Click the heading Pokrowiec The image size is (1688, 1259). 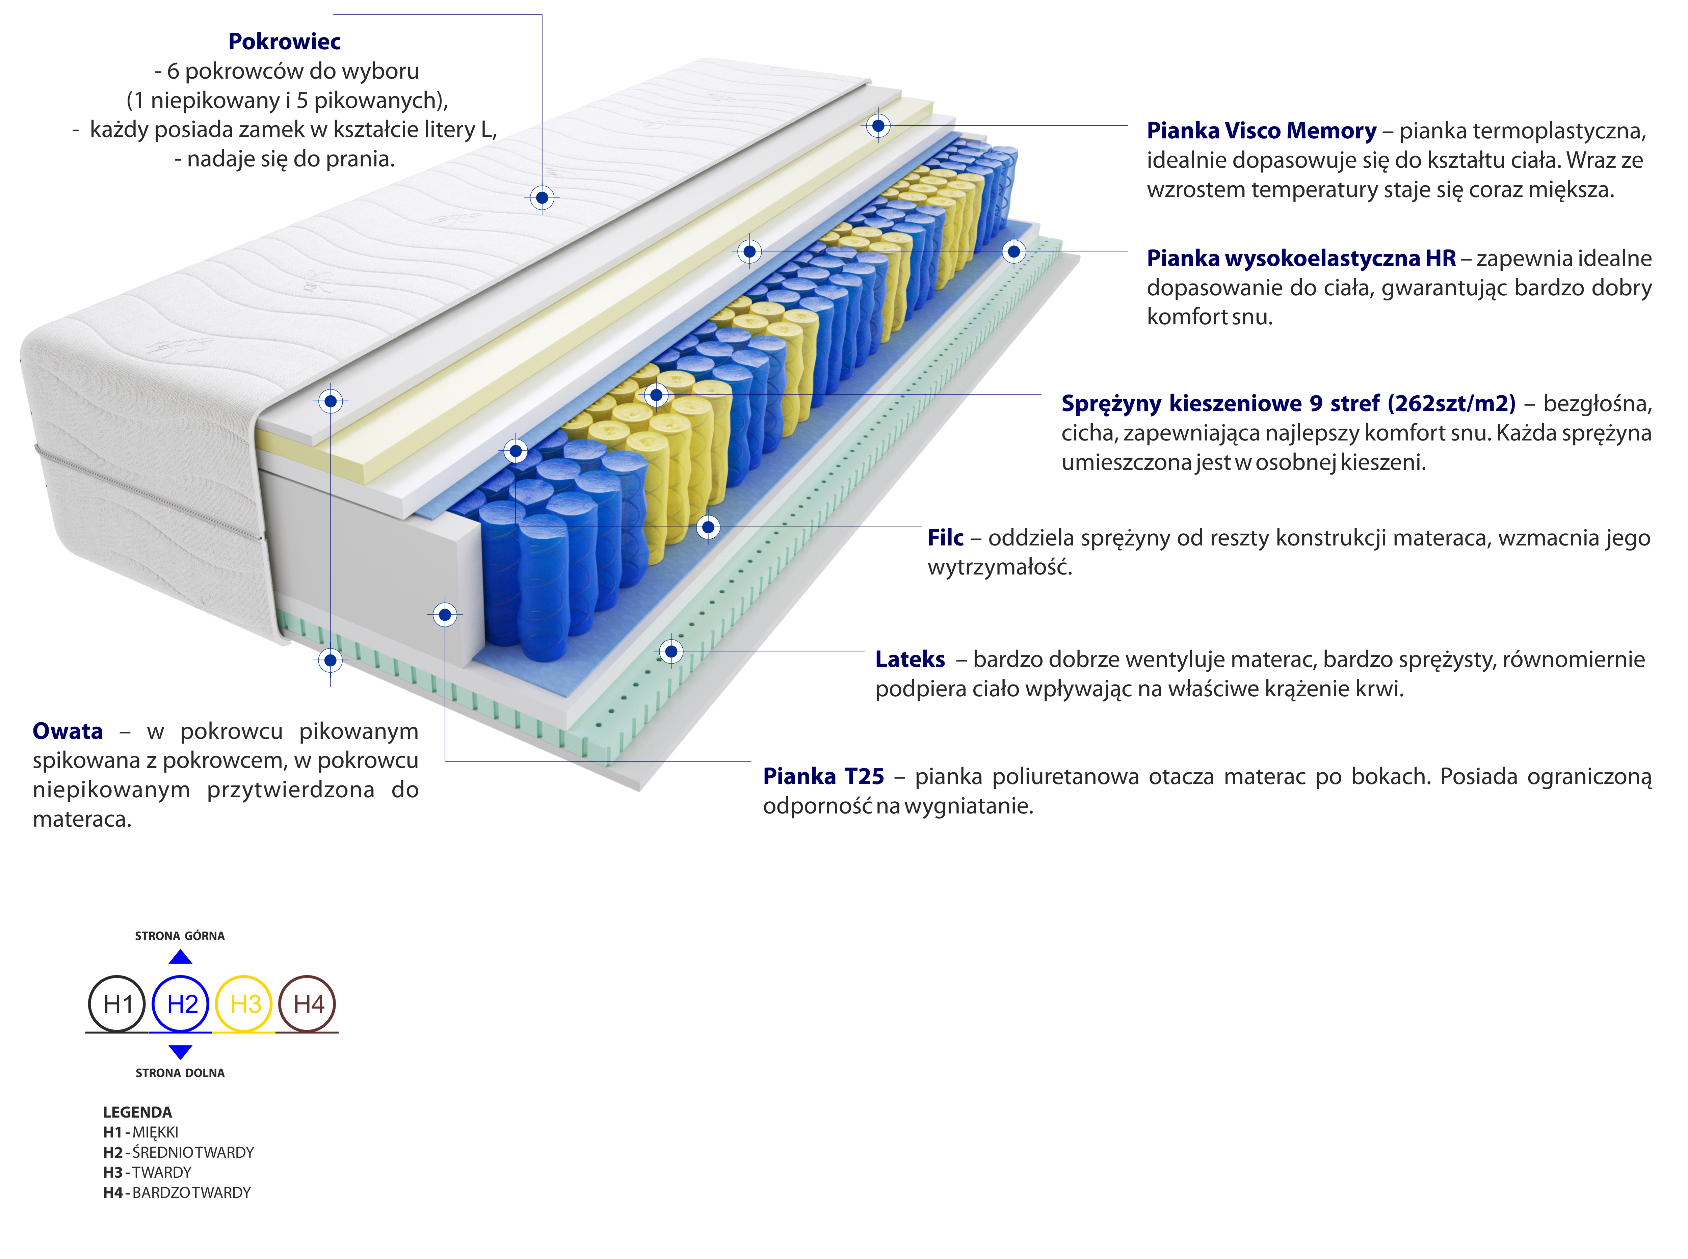pos(284,41)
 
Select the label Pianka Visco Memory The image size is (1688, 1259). pos(1261,131)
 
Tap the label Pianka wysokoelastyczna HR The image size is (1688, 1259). pos(1301,258)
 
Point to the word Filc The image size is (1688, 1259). pos(945,538)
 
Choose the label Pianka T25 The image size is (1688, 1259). pos(823,777)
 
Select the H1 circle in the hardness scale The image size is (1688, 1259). pos(117,1004)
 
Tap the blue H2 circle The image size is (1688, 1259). pos(181,1004)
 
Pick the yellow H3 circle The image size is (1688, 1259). pos(245,1004)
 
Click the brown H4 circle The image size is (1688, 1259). pos(308,1004)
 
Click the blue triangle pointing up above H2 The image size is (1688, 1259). pos(181,957)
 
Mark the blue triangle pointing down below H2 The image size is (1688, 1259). pos(181,1052)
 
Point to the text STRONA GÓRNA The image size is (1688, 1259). pos(180,936)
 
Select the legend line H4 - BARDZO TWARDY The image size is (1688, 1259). pos(177,1193)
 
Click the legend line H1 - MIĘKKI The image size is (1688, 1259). pos(141,1132)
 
